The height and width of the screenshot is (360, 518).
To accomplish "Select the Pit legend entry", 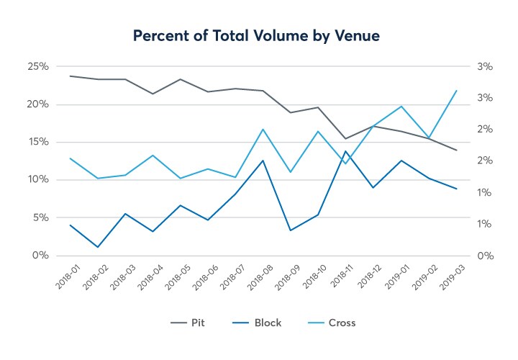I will click(x=196, y=323).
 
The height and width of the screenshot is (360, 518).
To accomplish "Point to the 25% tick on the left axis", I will click(x=38, y=67).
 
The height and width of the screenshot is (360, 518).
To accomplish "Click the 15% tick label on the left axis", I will click(x=38, y=143).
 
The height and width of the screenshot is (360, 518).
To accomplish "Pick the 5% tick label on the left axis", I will click(x=40, y=217).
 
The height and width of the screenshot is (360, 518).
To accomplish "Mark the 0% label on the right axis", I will click(x=483, y=256).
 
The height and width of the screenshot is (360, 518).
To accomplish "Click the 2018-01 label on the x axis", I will click(x=60, y=278).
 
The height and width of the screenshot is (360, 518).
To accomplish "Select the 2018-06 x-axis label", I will click(x=199, y=278).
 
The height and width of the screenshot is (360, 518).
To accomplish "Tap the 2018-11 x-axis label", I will click(x=337, y=278).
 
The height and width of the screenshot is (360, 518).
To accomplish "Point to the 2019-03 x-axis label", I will click(x=447, y=278).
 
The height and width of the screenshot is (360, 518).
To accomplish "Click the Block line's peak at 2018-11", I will click(x=345, y=151).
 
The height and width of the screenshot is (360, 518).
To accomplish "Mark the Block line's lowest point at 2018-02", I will click(x=97, y=247).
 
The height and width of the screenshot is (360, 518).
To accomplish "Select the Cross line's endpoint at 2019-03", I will click(x=456, y=91).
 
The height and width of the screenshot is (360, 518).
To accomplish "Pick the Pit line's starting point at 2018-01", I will click(x=70, y=76).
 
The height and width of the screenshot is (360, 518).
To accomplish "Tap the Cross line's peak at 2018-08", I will click(x=263, y=130).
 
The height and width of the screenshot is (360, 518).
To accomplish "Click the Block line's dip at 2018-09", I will click(x=290, y=230).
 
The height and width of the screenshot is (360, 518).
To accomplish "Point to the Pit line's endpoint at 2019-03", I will click(x=456, y=150).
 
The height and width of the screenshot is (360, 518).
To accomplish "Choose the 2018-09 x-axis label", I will click(x=281, y=278).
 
